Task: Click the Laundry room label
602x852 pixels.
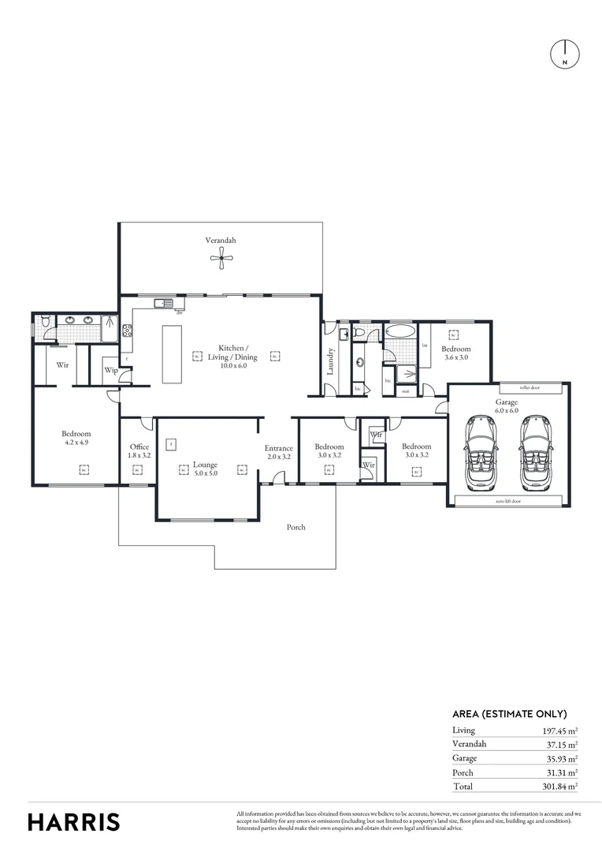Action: click(x=331, y=360)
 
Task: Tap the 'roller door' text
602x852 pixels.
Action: click(x=529, y=388)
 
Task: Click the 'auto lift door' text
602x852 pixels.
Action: click(x=507, y=501)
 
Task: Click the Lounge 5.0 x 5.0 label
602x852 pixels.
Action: click(x=205, y=469)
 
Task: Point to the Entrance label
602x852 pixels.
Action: click(x=278, y=452)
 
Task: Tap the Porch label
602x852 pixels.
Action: click(x=295, y=527)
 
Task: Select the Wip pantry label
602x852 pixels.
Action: click(x=110, y=370)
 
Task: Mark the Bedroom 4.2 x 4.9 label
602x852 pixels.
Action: click(x=76, y=438)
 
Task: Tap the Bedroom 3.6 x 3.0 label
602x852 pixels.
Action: click(x=455, y=353)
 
